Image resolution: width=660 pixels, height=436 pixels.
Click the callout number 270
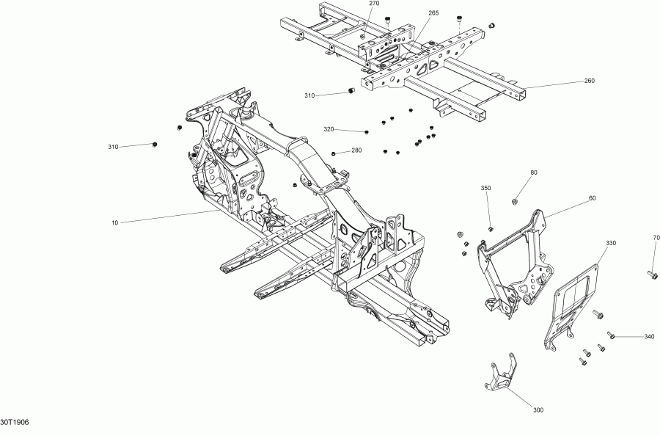point(374,4)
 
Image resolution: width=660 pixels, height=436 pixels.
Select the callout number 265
point(433,12)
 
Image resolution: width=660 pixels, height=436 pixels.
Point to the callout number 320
point(329,129)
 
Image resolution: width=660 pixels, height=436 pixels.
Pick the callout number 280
point(356,150)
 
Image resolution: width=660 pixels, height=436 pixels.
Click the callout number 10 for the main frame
point(115,222)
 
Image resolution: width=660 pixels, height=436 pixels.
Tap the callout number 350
point(485,189)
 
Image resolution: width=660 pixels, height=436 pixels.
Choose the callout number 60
point(592,198)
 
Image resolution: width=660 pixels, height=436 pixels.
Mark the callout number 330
point(611,242)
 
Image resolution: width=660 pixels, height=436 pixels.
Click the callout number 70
point(656,237)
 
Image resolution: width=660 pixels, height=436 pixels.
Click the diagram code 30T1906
point(15,422)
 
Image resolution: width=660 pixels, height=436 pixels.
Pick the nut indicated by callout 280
point(334,154)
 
